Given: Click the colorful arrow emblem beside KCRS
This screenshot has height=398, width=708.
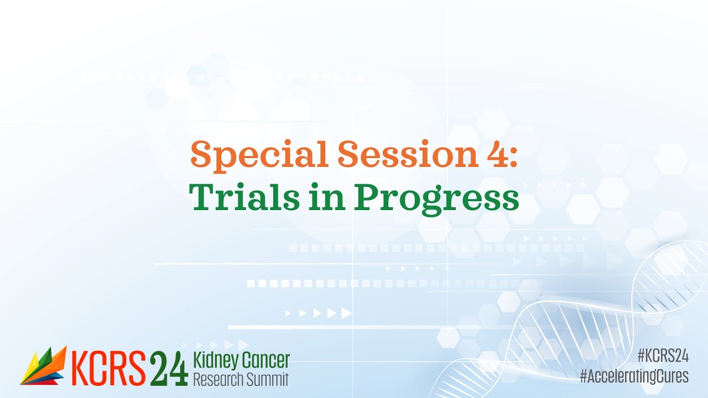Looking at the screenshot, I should pyautogui.click(x=43, y=365).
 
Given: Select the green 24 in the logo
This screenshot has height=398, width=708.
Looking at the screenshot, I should pyautogui.click(x=169, y=368).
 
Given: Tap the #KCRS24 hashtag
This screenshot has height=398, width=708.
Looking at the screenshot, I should pyautogui.click(x=663, y=355).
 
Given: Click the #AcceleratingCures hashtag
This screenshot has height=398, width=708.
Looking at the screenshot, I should pyautogui.click(x=634, y=376).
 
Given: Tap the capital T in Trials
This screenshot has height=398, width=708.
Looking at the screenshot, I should pyautogui.click(x=202, y=197).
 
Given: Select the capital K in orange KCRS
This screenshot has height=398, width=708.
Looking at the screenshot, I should pyautogui.click(x=81, y=368).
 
